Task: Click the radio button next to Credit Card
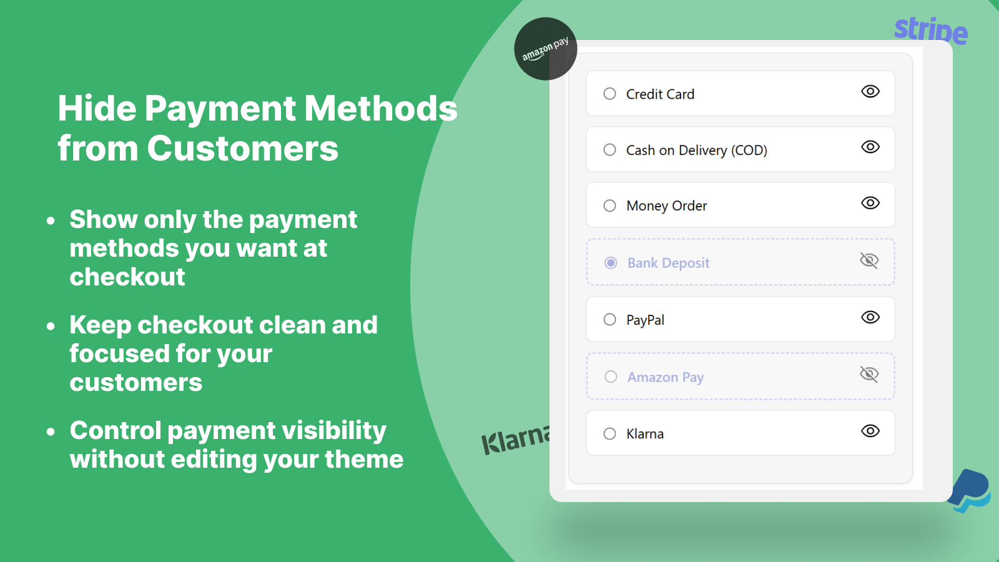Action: [x=609, y=94]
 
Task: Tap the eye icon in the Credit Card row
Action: [x=870, y=91]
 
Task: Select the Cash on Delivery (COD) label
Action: [x=697, y=150]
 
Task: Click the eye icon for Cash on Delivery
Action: [x=870, y=147]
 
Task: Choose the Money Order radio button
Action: [x=609, y=205]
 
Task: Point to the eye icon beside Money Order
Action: [x=870, y=203]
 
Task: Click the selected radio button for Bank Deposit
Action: [x=611, y=263]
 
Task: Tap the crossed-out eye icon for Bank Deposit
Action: [x=869, y=260]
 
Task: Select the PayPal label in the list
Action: [x=646, y=320]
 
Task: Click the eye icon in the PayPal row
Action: [x=870, y=317]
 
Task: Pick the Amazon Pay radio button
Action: [x=611, y=377]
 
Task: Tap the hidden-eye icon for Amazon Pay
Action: [x=869, y=374]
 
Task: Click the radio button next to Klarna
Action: [x=609, y=433]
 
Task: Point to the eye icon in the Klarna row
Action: [x=870, y=431]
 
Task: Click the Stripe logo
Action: [x=931, y=31]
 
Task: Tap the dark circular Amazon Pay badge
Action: [x=546, y=49]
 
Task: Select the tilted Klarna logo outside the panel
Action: [x=516, y=440]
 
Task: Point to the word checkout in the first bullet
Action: [x=127, y=277]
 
